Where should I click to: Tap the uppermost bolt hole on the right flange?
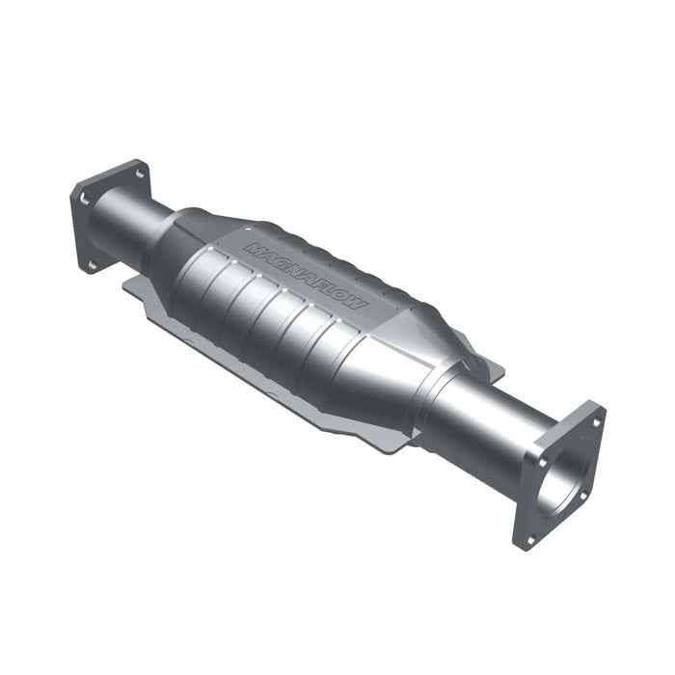click(594, 421)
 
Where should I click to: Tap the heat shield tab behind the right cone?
click(487, 366)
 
